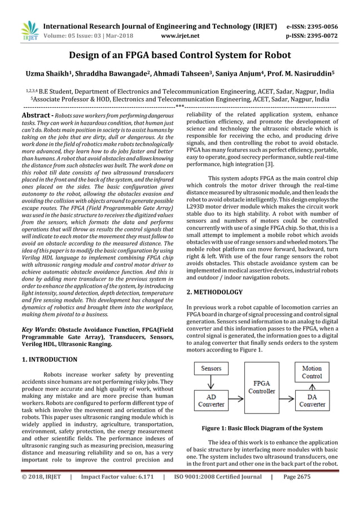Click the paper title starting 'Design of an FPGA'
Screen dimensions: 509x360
pyautogui.click(x=179, y=55)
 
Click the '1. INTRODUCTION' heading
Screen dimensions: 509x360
pyautogui.click(x=50, y=359)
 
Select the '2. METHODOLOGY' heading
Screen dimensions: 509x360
pyautogui.click(x=214, y=292)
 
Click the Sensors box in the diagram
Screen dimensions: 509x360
pyautogui.click(x=212, y=369)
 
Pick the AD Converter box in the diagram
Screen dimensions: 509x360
pyautogui.click(x=212, y=400)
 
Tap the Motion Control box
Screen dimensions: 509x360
pyautogui.click(x=312, y=371)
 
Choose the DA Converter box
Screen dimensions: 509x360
pyautogui.click(x=312, y=400)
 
